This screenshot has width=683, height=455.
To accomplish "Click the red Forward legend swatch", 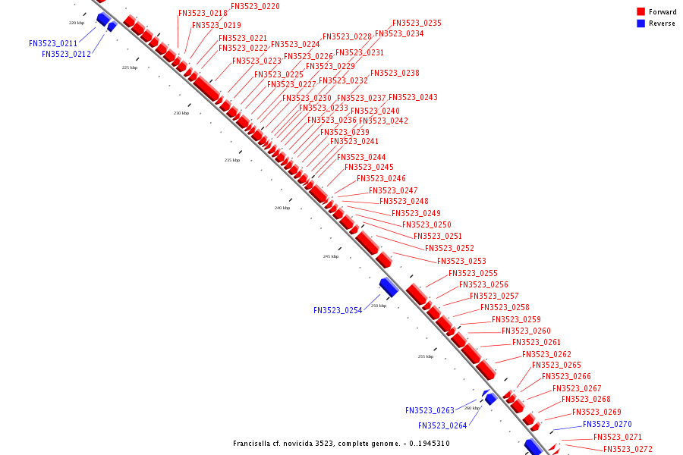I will coord(641,12).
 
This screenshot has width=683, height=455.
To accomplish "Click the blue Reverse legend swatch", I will coord(641,24).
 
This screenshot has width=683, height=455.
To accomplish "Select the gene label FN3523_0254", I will coord(339,310).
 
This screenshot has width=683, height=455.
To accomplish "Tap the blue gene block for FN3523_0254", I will coord(389,287).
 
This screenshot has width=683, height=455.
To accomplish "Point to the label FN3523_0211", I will coord(53,43).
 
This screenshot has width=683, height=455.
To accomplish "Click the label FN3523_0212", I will coord(66,54).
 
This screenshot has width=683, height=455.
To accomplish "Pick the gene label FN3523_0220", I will coord(255,6).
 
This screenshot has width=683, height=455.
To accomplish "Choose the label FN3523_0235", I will coord(417,23).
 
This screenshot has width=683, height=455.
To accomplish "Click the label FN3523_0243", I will coord(413,97).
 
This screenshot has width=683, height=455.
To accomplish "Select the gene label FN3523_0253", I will coord(461,261).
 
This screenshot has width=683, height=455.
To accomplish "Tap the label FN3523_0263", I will coord(430,410).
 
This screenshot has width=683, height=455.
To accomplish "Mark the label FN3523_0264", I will coord(442,425).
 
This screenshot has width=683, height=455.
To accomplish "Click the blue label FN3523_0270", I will coord(607,424).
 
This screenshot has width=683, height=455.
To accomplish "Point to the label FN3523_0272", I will coord(628,449).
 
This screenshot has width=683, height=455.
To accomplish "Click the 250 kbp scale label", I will coord(379,306).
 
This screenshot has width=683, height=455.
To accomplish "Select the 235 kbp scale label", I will coord(231,160).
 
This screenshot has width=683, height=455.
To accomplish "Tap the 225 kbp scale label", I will coord(130,67).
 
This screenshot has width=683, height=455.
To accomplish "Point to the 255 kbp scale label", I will coord(426,356).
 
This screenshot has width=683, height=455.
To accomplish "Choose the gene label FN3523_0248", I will coord(404,201).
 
